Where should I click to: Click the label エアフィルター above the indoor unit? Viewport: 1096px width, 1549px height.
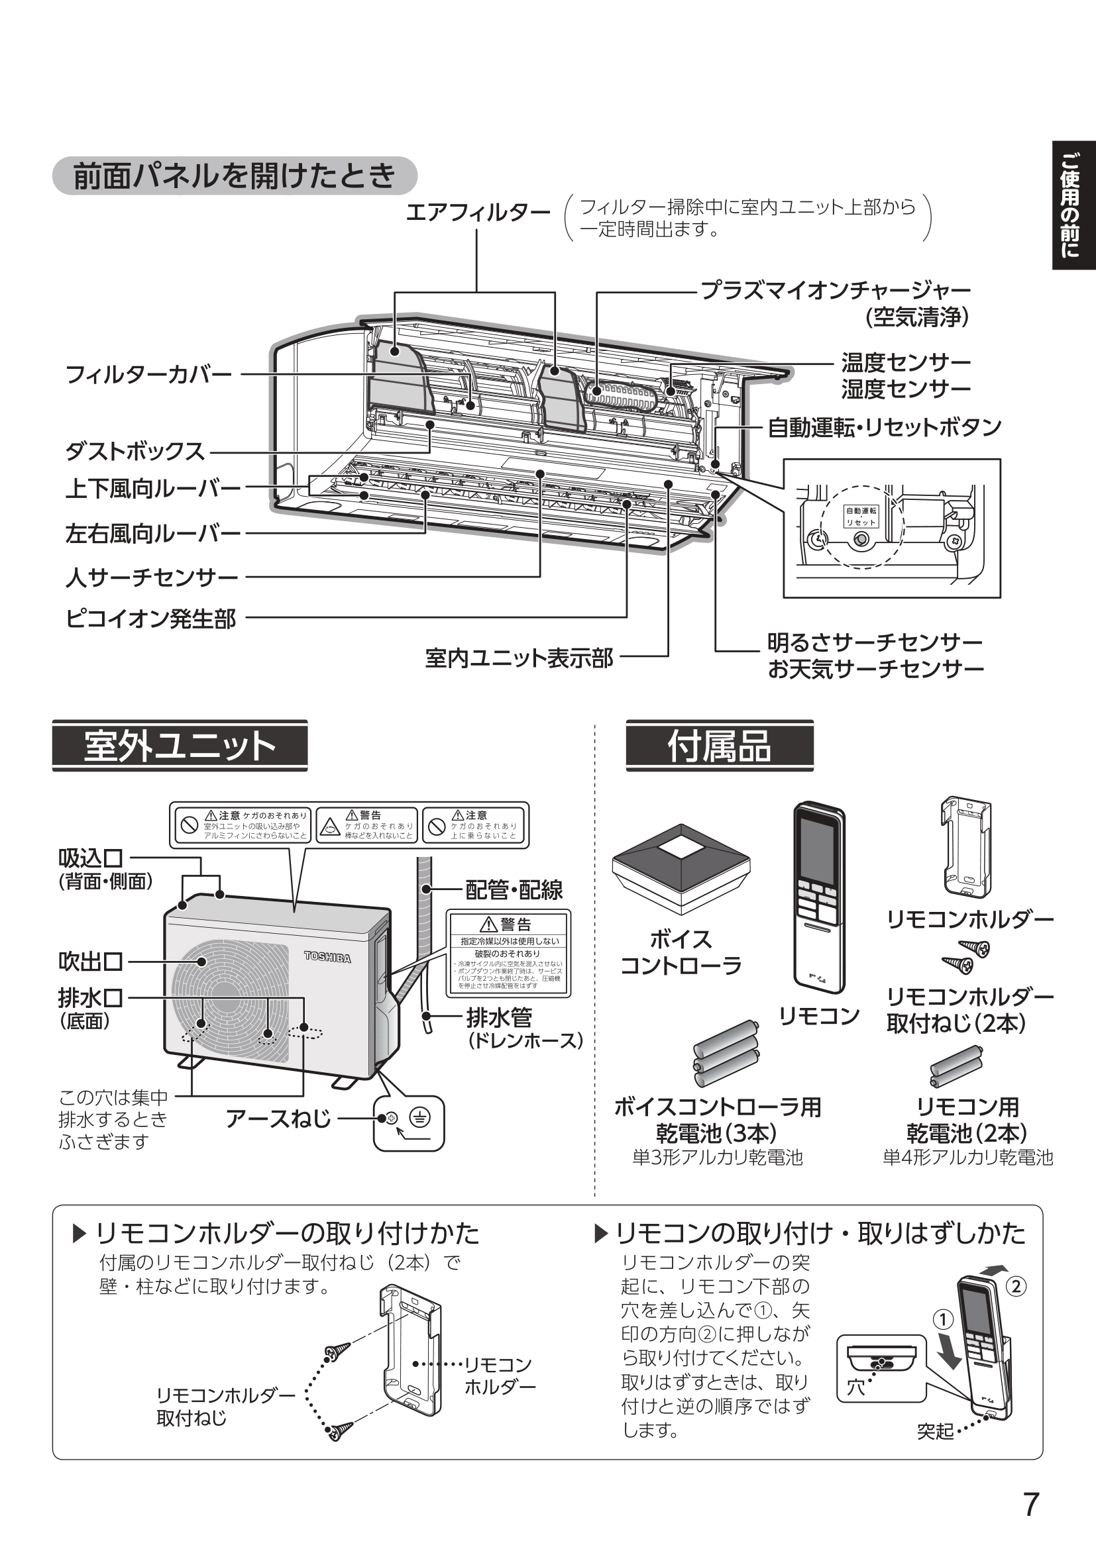coord(477,213)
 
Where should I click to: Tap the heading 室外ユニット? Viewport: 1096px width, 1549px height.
coord(180,746)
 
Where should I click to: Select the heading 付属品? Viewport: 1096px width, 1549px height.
coord(719,746)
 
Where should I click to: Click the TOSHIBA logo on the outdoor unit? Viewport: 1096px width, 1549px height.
coord(327,957)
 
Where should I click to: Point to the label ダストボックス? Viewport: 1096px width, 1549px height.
coord(135,451)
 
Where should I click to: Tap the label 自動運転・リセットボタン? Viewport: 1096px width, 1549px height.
coord(884,427)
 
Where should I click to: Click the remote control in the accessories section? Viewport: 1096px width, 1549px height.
coord(818,897)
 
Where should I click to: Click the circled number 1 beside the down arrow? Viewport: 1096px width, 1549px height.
coord(943,1320)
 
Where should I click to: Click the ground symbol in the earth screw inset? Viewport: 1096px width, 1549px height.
coord(419,1118)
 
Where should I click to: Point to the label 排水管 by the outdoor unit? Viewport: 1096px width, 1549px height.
coord(499,1017)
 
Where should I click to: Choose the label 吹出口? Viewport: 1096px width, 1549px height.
coord(90,962)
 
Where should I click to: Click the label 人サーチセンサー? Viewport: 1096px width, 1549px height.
coord(152,577)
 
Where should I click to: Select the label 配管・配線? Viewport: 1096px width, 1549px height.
coord(514,890)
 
